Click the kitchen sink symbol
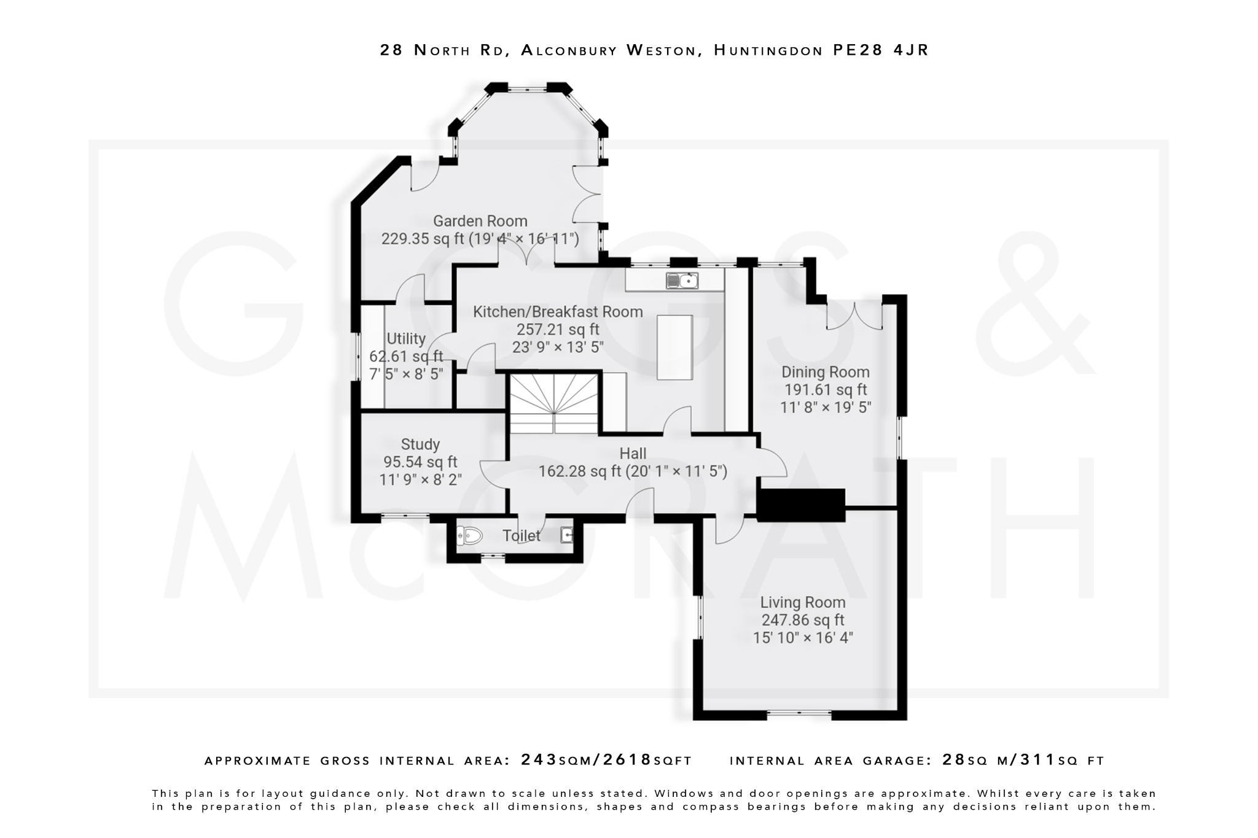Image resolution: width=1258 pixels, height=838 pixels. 682,281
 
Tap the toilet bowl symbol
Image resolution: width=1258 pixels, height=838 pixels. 470,536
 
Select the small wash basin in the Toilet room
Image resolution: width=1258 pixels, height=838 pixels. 567,536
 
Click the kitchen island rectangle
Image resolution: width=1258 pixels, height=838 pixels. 674,347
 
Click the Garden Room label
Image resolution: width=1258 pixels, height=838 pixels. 480,221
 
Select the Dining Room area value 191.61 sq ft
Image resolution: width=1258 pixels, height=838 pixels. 825,390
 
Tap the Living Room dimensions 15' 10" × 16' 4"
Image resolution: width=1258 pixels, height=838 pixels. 803,638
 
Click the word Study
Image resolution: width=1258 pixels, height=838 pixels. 420,444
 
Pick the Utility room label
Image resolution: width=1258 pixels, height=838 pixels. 406,339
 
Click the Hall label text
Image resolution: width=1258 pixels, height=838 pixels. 633,454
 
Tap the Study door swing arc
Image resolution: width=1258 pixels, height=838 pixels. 493,475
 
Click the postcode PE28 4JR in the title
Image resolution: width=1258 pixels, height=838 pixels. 881,50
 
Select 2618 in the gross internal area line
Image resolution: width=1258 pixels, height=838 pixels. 627,760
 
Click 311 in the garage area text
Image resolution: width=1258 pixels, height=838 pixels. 1037,760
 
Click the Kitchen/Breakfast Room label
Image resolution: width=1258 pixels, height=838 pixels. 558,312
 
